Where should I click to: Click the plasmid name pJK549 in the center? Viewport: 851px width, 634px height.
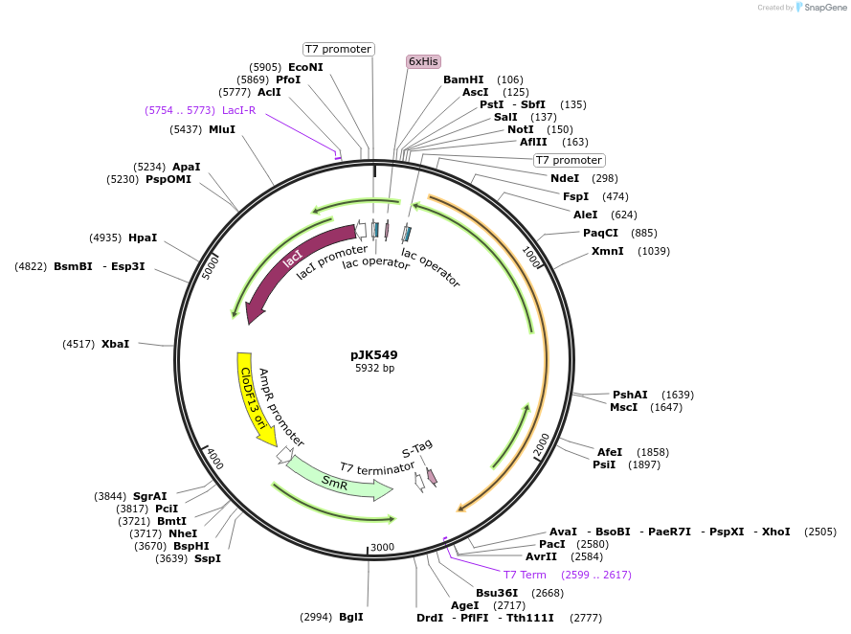(x=374, y=354)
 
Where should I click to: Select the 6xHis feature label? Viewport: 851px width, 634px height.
(x=423, y=61)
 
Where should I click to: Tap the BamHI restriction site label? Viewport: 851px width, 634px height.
(x=463, y=79)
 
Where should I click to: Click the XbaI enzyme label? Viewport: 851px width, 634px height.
(x=115, y=343)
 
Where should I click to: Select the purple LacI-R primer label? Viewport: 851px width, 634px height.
(x=238, y=110)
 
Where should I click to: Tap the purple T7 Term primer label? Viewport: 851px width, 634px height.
(x=525, y=575)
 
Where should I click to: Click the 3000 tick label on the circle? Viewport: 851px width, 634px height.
(x=383, y=547)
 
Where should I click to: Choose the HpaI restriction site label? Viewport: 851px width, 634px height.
(x=143, y=238)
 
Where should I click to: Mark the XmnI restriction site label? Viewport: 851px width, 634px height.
(x=607, y=251)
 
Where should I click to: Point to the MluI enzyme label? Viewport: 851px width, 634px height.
(x=222, y=129)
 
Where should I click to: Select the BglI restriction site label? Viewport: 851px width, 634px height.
(x=350, y=617)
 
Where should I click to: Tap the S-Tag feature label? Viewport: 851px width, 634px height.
(x=417, y=447)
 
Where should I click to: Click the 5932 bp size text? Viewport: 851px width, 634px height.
(x=374, y=368)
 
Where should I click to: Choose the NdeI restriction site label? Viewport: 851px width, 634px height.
(x=565, y=178)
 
